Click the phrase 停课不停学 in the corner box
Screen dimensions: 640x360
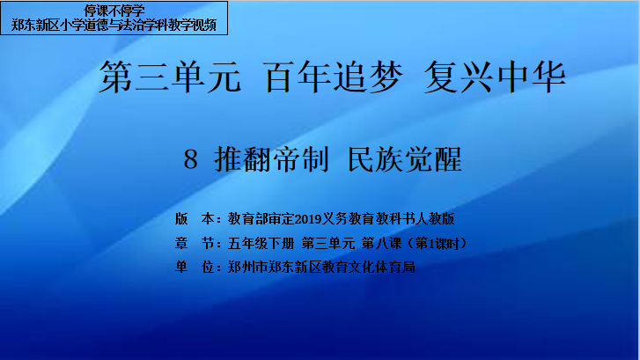[114, 11]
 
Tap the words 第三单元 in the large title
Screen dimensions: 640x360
[170, 77]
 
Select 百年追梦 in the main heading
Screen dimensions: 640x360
[334, 77]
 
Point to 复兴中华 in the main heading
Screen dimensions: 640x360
[495, 77]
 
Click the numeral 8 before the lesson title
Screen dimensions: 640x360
[191, 159]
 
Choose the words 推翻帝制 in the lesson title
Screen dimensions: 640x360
[271, 159]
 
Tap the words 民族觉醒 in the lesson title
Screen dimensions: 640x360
[404, 159]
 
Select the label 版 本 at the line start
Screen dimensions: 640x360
[195, 219]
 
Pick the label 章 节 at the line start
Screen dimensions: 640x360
[195, 243]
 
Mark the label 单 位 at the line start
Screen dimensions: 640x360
[195, 268]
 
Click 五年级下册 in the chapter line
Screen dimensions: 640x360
[261, 243]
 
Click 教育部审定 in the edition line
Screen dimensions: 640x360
[261, 219]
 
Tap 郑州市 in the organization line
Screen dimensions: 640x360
[247, 268]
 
